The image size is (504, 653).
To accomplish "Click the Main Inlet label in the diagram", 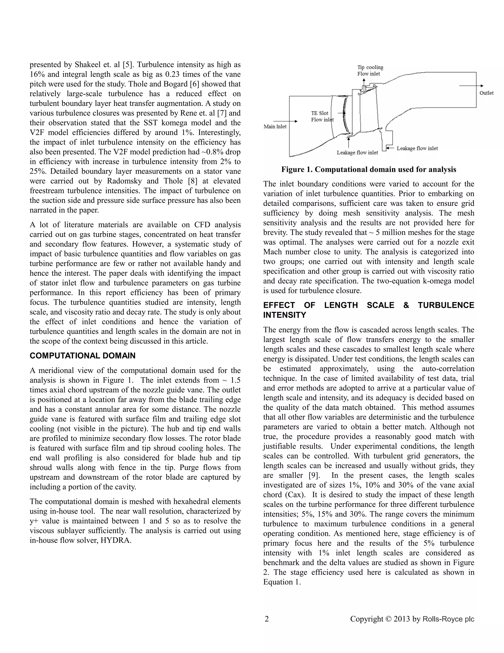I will tap(275, 126).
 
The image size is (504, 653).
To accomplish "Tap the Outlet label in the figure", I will tap(486, 93).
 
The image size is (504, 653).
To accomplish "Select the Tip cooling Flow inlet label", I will tap(370, 70).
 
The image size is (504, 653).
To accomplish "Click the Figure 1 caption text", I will tap(368, 170).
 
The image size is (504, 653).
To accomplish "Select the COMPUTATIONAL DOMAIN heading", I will tap(82, 356).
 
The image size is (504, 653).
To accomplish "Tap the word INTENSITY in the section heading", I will tap(284, 315).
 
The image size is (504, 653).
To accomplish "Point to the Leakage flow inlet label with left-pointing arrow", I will tap(417, 148).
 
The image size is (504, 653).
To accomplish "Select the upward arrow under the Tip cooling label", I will tap(364, 84).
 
